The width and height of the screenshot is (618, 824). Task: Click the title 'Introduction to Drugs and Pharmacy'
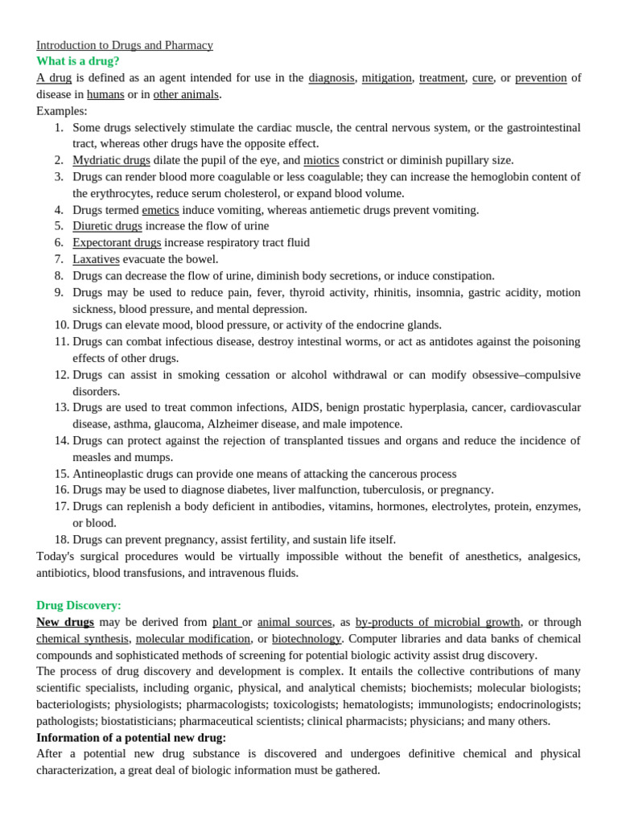125,45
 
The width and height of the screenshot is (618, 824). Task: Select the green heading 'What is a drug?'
78,61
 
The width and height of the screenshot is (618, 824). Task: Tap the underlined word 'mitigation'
386,78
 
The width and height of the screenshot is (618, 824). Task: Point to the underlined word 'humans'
105,94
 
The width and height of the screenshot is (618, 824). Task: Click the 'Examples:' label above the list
62,111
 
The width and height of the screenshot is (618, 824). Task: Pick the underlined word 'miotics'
321,160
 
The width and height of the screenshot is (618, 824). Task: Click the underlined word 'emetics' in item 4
160,210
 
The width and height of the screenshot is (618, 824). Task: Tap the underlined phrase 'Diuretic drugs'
107,226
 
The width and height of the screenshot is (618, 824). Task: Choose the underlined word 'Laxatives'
96,259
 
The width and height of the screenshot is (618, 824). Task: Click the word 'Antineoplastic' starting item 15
109,474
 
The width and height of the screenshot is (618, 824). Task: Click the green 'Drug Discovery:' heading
79,605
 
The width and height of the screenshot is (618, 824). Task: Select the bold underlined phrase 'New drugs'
65,622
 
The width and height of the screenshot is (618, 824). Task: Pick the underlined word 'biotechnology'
307,638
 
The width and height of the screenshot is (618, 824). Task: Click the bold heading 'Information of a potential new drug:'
131,737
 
